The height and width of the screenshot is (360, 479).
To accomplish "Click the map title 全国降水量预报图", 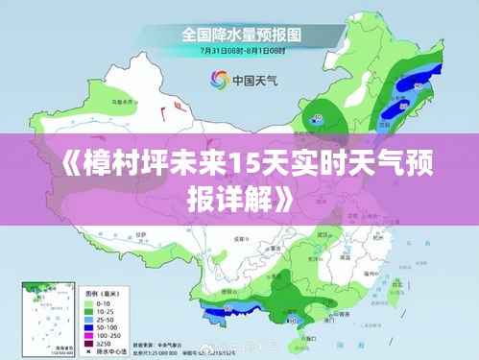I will (240, 34).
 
